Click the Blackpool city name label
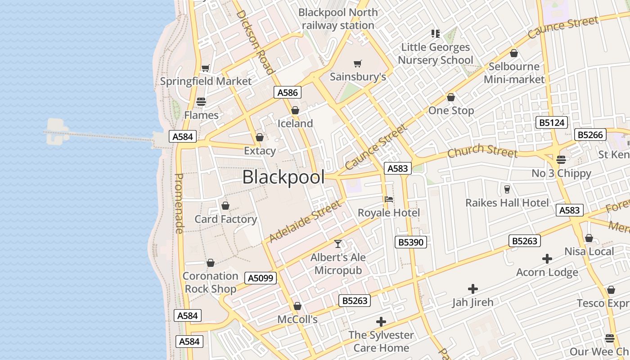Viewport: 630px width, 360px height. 283,177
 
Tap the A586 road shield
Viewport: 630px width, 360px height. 288,93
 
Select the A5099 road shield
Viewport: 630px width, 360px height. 261,278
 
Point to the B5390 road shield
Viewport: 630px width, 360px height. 411,242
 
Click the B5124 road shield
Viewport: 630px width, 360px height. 551,122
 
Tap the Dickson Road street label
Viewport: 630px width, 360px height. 255,42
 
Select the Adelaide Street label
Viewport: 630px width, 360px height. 305,221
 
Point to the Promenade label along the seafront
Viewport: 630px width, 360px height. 179,203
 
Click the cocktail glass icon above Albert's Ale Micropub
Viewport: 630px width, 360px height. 338,244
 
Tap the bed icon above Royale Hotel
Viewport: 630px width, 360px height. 389,199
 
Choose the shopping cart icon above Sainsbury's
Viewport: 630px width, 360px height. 358,63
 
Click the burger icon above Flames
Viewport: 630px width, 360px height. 201,102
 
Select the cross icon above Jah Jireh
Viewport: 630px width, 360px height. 472,288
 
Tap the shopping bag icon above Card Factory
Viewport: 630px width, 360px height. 225,206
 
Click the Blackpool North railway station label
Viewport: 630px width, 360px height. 338,19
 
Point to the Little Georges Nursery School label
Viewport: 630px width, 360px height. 435,54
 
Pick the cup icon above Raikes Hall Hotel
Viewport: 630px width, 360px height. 507,189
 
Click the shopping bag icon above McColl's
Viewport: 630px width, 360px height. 297,306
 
